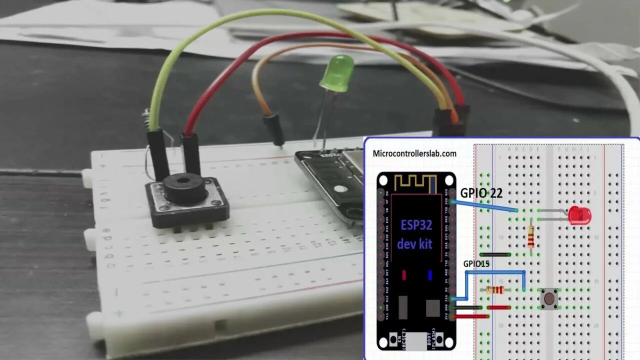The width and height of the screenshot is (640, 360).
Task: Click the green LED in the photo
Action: point(337,73)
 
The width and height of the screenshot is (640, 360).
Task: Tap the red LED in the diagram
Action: point(579,215)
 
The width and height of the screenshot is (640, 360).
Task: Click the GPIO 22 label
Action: point(481,193)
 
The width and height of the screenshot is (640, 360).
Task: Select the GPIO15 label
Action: point(475,263)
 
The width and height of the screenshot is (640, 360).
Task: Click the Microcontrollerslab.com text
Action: point(414,153)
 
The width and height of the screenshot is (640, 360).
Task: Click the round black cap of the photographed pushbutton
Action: point(185,187)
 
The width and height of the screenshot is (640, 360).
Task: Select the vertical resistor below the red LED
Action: point(530,237)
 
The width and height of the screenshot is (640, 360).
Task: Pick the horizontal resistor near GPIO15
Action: point(495,290)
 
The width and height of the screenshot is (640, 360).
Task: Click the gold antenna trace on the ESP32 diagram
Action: point(415,183)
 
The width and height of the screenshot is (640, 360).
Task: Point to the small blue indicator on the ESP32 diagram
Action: point(429,275)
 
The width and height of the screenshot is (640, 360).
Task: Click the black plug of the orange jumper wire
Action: point(274,129)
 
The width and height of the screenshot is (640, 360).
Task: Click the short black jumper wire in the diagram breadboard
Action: point(494,254)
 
